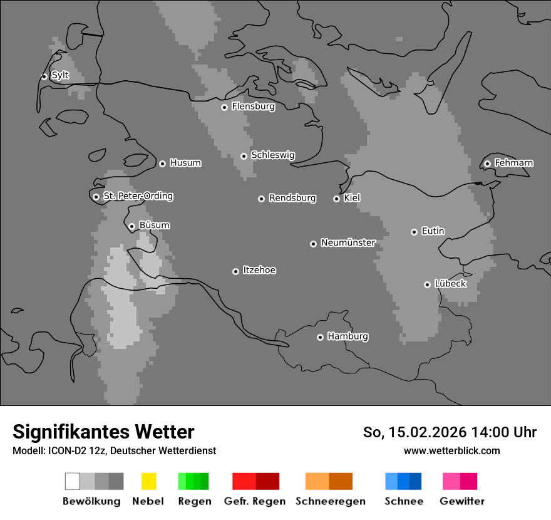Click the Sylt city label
point(60,76)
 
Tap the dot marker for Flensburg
point(224,107)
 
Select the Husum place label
point(185,164)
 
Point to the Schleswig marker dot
point(244,156)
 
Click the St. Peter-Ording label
point(138,197)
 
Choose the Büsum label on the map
point(154,226)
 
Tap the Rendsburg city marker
point(261,199)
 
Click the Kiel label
point(352,199)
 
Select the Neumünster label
point(348,243)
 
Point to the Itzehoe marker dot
point(235,271)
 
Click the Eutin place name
point(433,231)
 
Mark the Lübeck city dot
point(427,284)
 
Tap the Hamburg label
point(348,336)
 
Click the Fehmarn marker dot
point(487,164)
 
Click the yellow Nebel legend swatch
point(148,481)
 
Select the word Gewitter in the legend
point(462,501)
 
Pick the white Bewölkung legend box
point(73,481)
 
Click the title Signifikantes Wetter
point(103,432)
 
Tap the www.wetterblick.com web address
point(451,450)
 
